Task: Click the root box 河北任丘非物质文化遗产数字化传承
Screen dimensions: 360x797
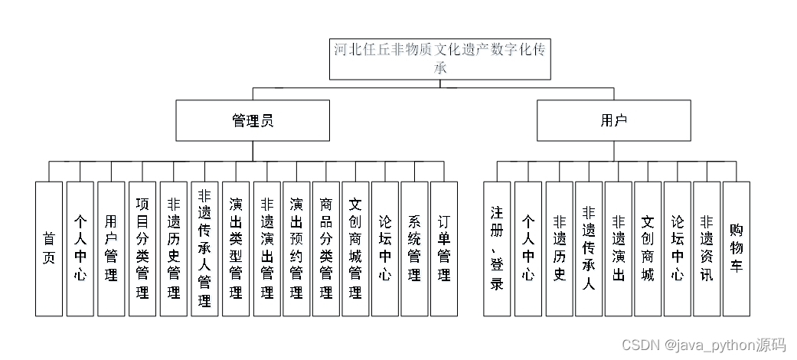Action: click(x=440, y=59)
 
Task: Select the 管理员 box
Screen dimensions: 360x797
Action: click(x=253, y=120)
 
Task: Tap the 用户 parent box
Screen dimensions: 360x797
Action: click(x=614, y=120)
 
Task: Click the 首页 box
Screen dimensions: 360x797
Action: click(x=49, y=248)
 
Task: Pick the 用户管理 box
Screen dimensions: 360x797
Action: click(x=111, y=248)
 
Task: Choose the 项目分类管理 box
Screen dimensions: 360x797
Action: click(x=142, y=248)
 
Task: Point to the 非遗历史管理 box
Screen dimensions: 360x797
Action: click(x=173, y=248)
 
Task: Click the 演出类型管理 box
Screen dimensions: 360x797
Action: click(x=236, y=248)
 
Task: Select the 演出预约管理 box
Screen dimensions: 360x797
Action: click(x=296, y=248)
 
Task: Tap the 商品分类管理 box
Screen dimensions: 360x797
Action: click(x=326, y=248)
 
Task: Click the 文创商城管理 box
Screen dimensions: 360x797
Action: click(x=355, y=248)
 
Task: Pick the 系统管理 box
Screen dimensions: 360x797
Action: click(x=414, y=248)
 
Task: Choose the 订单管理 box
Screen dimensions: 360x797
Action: click(x=444, y=248)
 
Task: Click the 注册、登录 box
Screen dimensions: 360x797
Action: click(x=497, y=248)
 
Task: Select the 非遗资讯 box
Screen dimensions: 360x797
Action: click(x=707, y=248)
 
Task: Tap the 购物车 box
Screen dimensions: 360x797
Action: click(x=737, y=248)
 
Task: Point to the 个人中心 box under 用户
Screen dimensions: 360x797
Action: click(x=528, y=248)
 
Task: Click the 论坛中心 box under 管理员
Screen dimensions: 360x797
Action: click(x=385, y=248)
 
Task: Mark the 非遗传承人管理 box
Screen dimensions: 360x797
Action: click(x=204, y=248)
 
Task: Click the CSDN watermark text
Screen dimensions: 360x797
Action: click(x=703, y=345)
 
